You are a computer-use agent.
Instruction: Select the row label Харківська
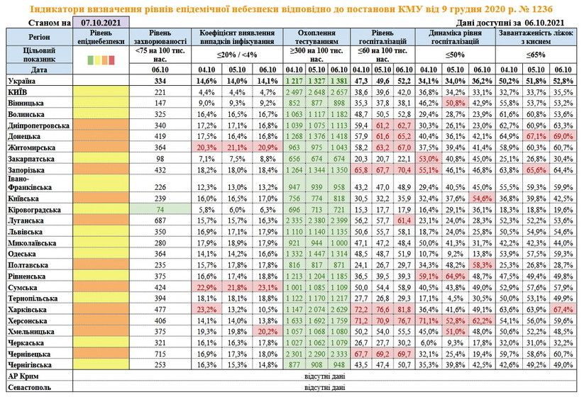click(x=28, y=309)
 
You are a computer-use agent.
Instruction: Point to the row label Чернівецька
click(x=31, y=353)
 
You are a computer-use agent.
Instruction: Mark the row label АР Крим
click(x=24, y=375)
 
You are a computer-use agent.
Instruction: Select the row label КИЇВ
click(x=17, y=92)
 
